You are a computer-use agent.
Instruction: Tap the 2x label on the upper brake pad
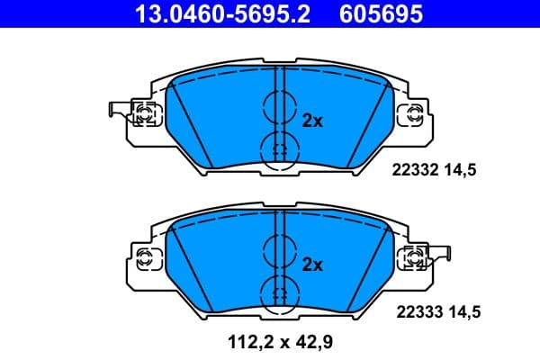click(311, 120)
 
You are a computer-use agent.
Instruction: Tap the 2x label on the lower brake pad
click(311, 265)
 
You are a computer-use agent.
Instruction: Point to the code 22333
click(416, 312)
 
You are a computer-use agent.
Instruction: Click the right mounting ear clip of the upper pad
click(415, 113)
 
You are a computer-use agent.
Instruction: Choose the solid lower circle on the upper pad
click(277, 148)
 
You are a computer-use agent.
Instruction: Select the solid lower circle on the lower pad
click(277, 292)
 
